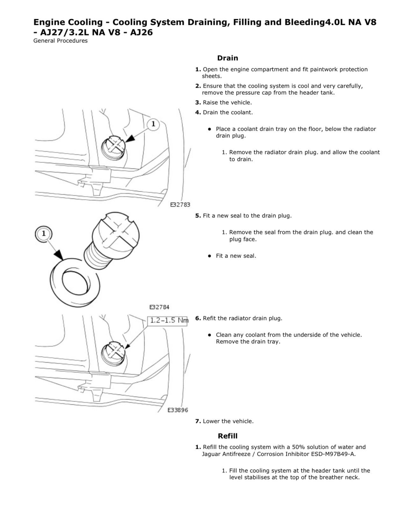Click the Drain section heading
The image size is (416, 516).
pos(227,58)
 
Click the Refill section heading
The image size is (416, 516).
pos(227,436)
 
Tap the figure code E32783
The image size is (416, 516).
pos(180,205)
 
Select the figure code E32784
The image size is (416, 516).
pos(159,307)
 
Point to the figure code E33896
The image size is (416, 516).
pos(178,410)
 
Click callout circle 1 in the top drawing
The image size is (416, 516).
pos(153,124)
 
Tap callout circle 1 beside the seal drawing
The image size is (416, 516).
pos(43,234)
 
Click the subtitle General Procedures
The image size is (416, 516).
pos(61,41)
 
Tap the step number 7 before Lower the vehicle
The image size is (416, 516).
pos(198,421)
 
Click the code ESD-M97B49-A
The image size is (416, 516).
pos(333,454)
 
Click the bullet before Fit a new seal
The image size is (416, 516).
pos(209,256)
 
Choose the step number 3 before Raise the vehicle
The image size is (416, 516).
pos(198,103)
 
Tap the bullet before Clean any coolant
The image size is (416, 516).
pos(209,335)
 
